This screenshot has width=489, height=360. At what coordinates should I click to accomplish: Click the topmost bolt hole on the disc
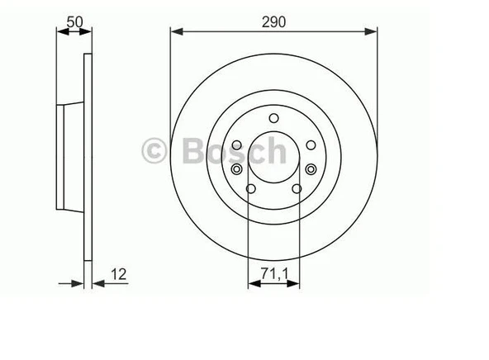pyautogui.click(x=273, y=117)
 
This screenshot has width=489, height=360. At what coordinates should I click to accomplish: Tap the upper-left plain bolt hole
pyautogui.click(x=237, y=145)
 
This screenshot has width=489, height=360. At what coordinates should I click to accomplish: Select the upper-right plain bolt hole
pyautogui.click(x=310, y=145)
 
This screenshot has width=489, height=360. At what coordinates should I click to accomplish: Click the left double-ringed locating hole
pyautogui.click(x=238, y=170)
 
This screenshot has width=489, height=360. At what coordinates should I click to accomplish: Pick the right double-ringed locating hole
pyautogui.click(x=310, y=170)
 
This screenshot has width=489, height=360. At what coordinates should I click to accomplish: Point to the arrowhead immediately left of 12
pyautogui.click(x=96, y=282)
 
